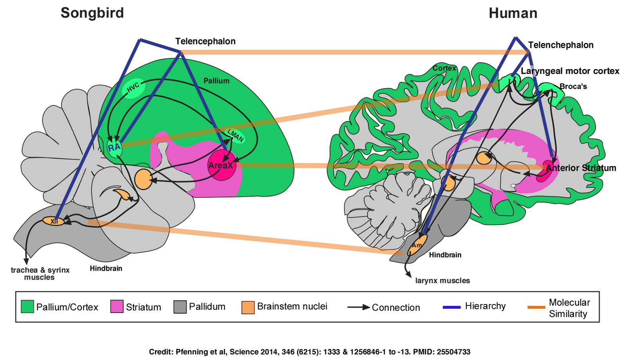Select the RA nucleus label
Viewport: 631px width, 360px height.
(x=114, y=148)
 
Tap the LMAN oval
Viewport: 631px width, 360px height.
(x=236, y=135)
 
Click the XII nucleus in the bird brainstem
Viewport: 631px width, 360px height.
(x=54, y=221)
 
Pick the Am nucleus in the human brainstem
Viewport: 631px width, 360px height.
(x=417, y=245)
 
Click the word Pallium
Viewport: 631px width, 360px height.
(x=216, y=81)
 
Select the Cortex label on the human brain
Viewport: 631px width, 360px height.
(x=444, y=68)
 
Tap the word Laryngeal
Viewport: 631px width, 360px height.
(x=542, y=71)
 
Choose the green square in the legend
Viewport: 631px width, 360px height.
(x=27, y=306)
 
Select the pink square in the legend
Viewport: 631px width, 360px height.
(x=117, y=306)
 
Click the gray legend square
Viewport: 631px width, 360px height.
(x=180, y=306)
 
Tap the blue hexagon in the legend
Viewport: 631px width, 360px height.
(x=447, y=307)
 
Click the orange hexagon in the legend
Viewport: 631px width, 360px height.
(x=532, y=307)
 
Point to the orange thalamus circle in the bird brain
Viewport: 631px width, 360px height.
(x=143, y=179)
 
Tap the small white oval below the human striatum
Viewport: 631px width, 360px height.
(x=513, y=186)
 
